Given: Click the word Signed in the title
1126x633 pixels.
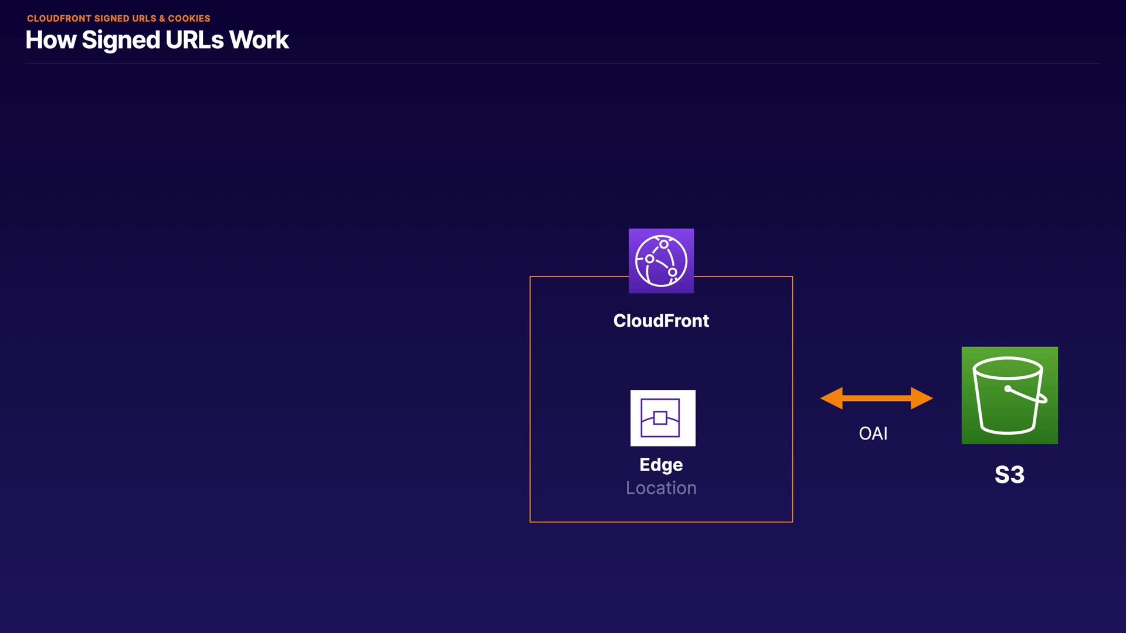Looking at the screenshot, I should [121, 40].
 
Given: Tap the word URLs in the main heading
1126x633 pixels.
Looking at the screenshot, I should [194, 40].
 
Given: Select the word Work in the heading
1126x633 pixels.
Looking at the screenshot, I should [259, 40].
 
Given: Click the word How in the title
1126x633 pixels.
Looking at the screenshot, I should [51, 40].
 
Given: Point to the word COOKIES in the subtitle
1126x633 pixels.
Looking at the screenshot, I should [189, 19].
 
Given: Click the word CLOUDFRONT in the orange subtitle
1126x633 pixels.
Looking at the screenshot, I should [59, 19].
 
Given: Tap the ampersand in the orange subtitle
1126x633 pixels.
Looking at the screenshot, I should [162, 19].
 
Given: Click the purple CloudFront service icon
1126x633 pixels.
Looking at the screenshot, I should [661, 261].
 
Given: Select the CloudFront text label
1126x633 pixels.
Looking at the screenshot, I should [661, 321].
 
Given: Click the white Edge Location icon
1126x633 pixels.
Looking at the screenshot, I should [663, 418].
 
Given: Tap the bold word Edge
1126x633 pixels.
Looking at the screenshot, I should [661, 465].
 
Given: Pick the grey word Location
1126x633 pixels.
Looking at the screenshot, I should [661, 488].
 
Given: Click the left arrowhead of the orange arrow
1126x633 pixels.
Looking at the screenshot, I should [831, 399].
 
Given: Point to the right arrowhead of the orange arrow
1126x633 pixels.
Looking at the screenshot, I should [922, 399].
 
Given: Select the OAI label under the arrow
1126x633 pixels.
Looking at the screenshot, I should [873, 434].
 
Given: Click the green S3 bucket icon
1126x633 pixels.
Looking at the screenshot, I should [1009, 395].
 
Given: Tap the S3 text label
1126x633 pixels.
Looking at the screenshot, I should [1009, 475].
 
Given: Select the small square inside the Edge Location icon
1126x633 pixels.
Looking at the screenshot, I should [660, 418].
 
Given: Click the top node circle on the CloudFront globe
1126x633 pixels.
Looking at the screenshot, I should [663, 244].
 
